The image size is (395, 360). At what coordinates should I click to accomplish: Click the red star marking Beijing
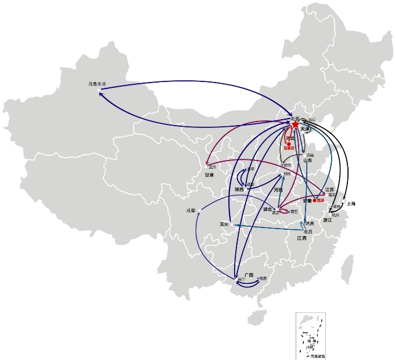(295, 125)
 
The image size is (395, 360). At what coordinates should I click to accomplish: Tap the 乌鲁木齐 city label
(98, 84)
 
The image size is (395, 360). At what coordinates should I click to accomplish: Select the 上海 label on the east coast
(351, 204)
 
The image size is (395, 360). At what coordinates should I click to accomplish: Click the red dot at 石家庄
(289, 144)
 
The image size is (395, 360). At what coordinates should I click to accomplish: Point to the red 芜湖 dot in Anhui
(314, 201)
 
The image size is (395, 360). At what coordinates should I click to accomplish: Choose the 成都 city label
(191, 211)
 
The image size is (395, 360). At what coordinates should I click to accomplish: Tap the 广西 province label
(249, 274)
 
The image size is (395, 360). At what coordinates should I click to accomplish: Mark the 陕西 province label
(239, 190)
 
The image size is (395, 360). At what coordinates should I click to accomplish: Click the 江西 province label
(301, 238)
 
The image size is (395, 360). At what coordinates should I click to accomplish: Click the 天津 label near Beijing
(306, 129)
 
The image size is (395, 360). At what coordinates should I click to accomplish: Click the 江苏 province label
(329, 190)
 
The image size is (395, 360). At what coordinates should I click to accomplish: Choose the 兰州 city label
(211, 166)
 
